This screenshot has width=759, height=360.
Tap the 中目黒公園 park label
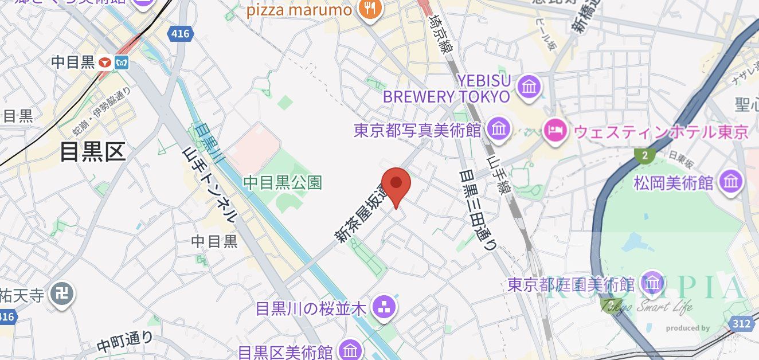click(x=283, y=183)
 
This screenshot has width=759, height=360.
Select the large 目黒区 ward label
click(x=92, y=152)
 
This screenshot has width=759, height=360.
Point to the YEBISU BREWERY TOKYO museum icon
click(x=529, y=87)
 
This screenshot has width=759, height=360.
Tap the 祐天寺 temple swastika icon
click(x=60, y=295)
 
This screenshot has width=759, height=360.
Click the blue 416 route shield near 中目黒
click(x=179, y=34)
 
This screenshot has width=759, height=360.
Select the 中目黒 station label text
click(x=72, y=62)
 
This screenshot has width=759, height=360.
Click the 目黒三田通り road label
click(x=477, y=209)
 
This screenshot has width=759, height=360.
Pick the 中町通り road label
click(x=125, y=342)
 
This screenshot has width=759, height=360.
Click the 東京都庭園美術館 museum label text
click(x=570, y=284)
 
